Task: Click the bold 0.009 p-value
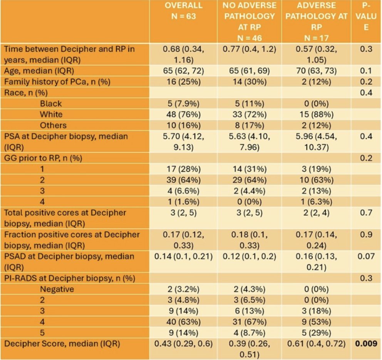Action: [366, 343]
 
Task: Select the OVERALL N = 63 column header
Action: [183, 11]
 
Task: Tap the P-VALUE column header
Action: [366, 16]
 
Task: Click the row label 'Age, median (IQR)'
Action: [39, 71]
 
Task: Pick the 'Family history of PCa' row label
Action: [57, 82]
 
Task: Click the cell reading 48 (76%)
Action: [183, 114]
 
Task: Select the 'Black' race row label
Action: [51, 103]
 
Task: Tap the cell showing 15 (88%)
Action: [316, 114]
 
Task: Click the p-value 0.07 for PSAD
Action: [366, 256]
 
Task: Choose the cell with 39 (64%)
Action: [183, 180]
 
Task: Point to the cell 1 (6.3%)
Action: [316, 202]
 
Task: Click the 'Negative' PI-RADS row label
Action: [57, 289]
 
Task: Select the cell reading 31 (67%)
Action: [250, 322]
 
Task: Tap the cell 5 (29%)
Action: [316, 333]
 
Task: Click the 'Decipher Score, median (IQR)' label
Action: [62, 344]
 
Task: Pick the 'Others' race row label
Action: [53, 125]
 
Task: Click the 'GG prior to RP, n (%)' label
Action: [43, 158]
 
